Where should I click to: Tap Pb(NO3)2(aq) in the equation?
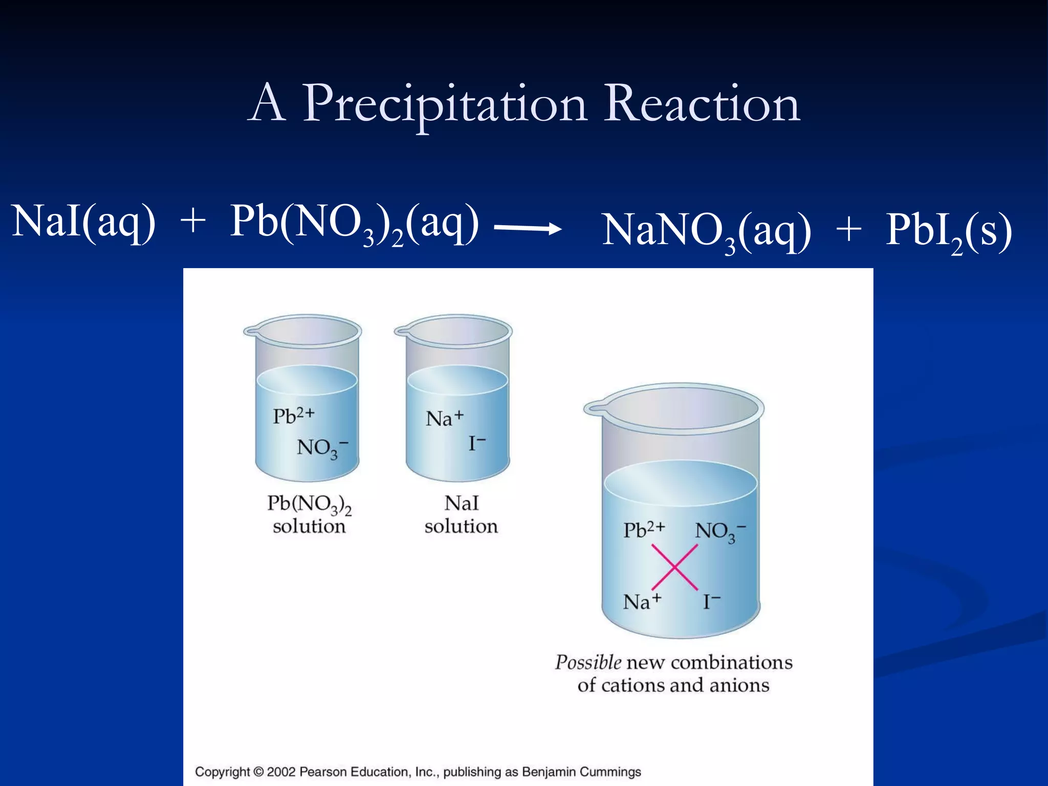pos(355,223)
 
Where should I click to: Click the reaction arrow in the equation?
pos(527,229)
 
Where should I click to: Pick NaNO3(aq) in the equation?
pos(706,231)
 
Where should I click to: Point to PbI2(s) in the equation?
pos(948,231)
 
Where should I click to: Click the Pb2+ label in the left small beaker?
pos(293,416)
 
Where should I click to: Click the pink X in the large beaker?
pos(674,567)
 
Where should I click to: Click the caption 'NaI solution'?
pos(461,514)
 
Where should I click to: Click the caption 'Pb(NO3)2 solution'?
pos(309,514)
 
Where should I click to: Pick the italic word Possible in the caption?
pos(588,662)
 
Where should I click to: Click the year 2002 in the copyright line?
pos(281,772)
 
